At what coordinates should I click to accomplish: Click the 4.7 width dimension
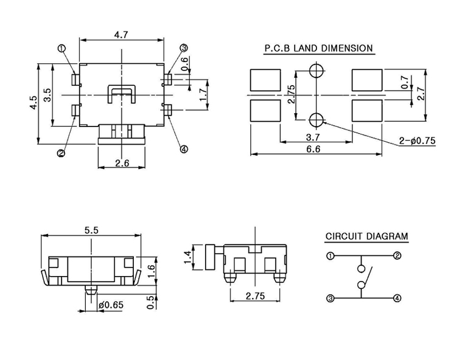coord(121,35)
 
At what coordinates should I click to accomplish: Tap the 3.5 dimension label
coord(47,95)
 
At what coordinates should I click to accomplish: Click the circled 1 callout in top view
coord(61,48)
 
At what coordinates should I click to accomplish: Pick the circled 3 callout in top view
coord(184,48)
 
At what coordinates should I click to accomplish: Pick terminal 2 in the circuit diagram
coord(397,255)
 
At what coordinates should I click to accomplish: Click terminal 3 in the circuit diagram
coord(330,298)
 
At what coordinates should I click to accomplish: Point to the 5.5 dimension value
coord(91,230)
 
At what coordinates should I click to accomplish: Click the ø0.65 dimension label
coord(109,305)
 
